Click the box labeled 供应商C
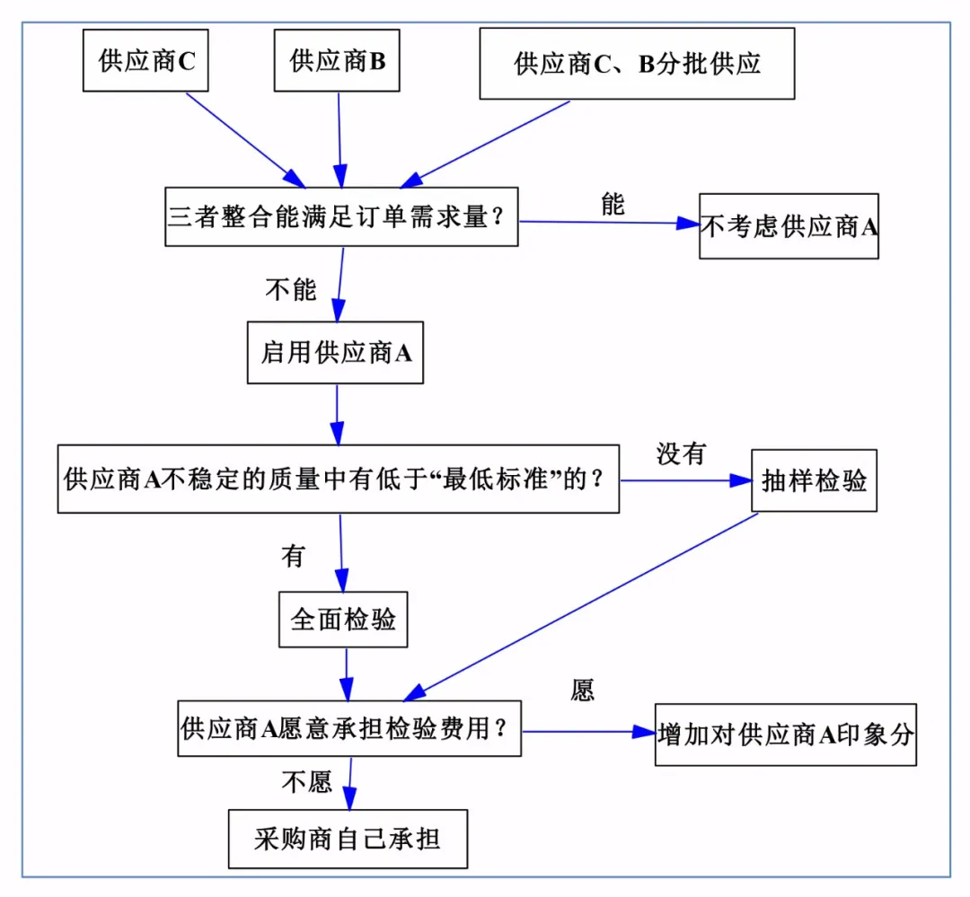[x=145, y=60]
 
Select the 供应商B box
[x=337, y=60]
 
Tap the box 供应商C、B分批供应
[x=637, y=64]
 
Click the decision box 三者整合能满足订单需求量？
[x=341, y=216]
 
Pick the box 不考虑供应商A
[x=789, y=226]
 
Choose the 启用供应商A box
[x=335, y=353]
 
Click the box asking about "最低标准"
[x=338, y=479]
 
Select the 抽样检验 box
[x=814, y=480]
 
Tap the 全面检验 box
[x=343, y=619]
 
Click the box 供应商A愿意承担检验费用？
[x=349, y=728]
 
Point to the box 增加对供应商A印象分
[x=785, y=734]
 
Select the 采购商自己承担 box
[x=348, y=839]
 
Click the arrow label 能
[x=613, y=205]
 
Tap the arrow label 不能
[x=291, y=289]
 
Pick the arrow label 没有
[x=680, y=454]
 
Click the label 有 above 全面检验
[x=293, y=557]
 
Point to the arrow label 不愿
[x=307, y=782]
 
